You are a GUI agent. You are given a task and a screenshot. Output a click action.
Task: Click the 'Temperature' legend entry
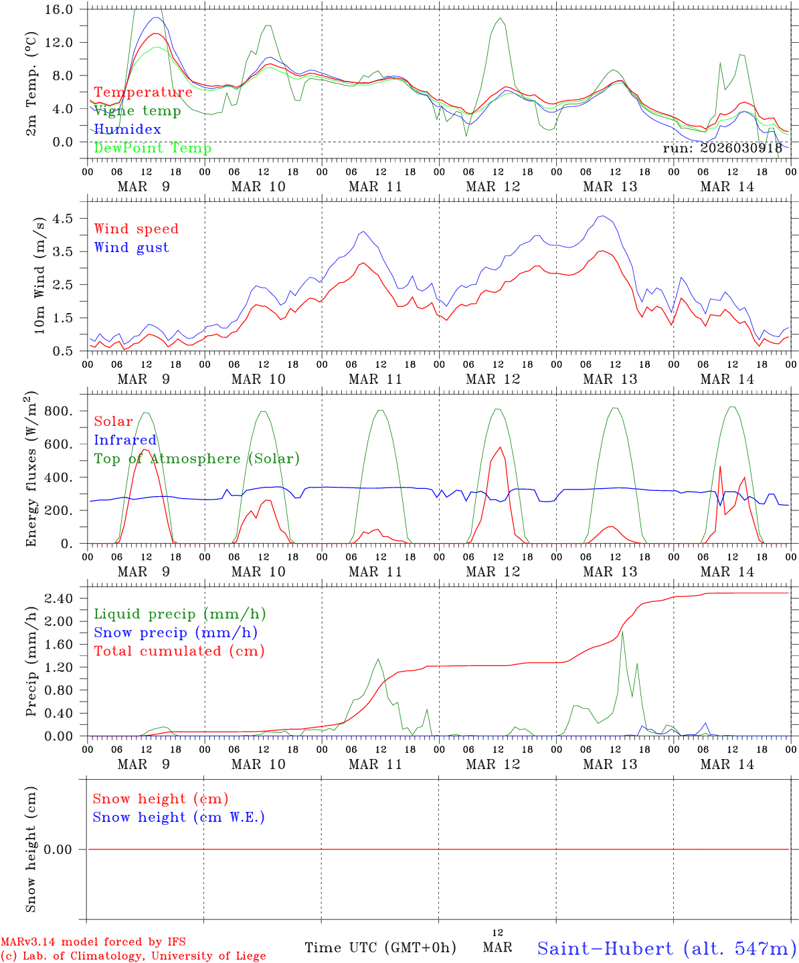click(x=143, y=92)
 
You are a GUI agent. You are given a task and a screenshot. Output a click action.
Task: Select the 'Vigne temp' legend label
click(x=137, y=111)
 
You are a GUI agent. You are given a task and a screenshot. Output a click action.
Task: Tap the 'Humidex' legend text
click(x=128, y=129)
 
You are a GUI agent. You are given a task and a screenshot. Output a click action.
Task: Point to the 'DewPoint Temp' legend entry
click(x=153, y=148)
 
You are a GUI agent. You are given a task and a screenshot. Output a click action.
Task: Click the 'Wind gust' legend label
click(x=132, y=247)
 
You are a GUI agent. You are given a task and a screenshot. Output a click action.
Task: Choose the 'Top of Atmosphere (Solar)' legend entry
click(x=197, y=459)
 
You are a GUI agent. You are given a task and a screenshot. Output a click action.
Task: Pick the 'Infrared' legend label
click(x=125, y=440)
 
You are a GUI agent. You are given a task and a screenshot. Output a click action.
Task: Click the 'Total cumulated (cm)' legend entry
click(x=179, y=651)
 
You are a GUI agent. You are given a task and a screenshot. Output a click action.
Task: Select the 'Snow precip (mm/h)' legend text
click(x=176, y=633)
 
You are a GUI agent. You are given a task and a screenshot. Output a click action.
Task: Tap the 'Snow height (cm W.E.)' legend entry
click(x=179, y=817)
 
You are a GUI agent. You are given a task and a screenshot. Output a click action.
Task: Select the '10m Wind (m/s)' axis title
click(x=39, y=276)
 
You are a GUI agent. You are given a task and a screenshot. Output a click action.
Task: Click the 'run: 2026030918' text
click(x=723, y=148)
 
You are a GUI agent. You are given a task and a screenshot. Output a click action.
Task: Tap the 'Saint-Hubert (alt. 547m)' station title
click(x=667, y=948)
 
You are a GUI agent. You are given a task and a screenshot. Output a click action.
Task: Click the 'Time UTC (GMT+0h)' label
click(x=381, y=948)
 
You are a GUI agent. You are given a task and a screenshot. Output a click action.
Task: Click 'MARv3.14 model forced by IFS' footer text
click(x=93, y=942)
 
